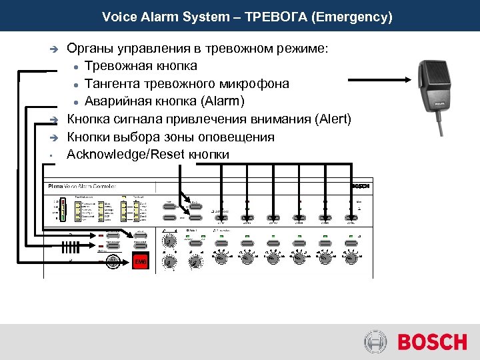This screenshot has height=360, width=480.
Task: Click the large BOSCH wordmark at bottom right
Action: [432, 342]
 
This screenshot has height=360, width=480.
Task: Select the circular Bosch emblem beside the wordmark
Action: [375, 342]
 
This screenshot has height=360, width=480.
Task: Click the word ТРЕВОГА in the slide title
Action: [274, 16]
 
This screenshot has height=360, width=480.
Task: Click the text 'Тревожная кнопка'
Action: [141, 66]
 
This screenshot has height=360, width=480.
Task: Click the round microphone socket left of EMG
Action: [114, 262]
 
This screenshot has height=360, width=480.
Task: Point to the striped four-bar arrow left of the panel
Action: [71, 247]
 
